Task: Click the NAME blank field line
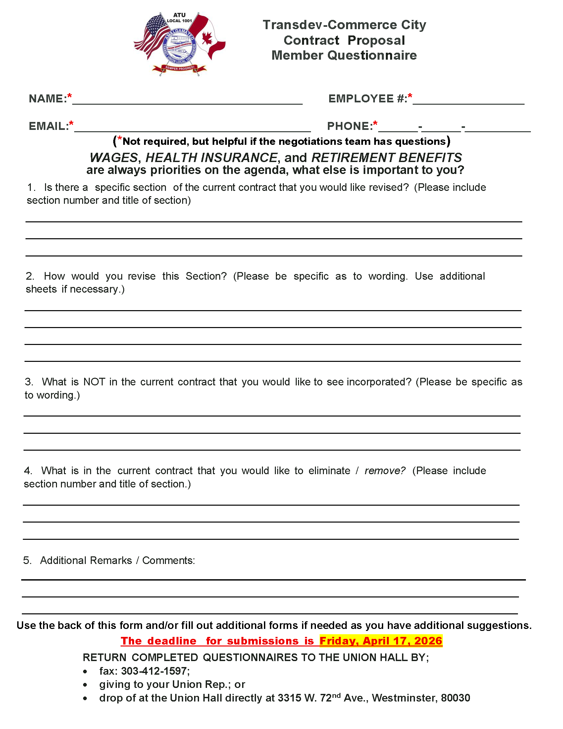(187, 100)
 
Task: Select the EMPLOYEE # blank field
(468, 100)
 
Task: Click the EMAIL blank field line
(192, 128)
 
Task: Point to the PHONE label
(349, 126)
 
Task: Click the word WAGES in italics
(114, 157)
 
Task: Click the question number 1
(31, 188)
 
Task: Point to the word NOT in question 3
(94, 382)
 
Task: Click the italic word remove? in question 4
(385, 471)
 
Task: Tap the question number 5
(27, 560)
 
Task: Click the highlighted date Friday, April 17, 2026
(381, 641)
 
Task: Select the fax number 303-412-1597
(154, 671)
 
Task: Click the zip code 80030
(455, 698)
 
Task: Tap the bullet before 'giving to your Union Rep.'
(85, 685)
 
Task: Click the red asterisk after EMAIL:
(72, 124)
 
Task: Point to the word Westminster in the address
(403, 698)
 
